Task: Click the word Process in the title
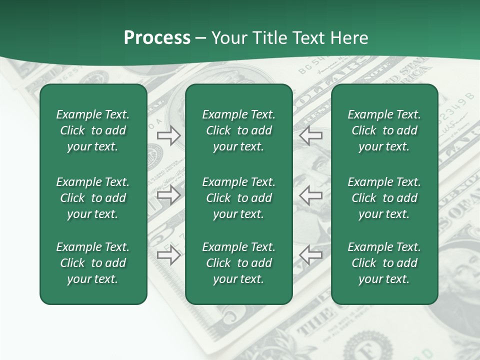pyautogui.click(x=157, y=38)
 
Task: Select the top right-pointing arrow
pyautogui.click(x=168, y=135)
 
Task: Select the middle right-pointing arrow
pyautogui.click(x=168, y=195)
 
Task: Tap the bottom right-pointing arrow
pyautogui.click(x=168, y=255)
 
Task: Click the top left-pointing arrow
pyautogui.click(x=310, y=135)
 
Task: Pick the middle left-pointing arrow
pyautogui.click(x=310, y=195)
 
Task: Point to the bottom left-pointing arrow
pyautogui.click(x=310, y=255)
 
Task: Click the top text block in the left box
pyautogui.click(x=93, y=130)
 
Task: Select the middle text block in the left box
pyautogui.click(x=93, y=198)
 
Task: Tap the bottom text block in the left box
pyautogui.click(x=93, y=263)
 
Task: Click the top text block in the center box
pyautogui.click(x=238, y=130)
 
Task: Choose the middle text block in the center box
pyautogui.click(x=238, y=198)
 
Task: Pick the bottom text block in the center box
pyautogui.click(x=238, y=263)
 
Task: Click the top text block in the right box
pyautogui.click(x=384, y=130)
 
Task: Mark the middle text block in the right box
pyautogui.click(x=384, y=198)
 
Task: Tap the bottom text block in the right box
pyautogui.click(x=384, y=263)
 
